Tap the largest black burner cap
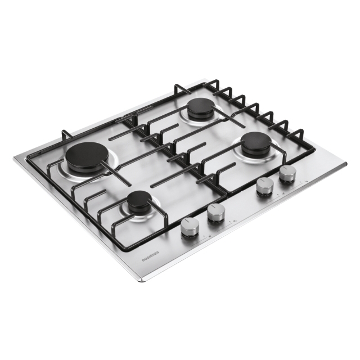pos(84,158)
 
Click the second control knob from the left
pos(216,213)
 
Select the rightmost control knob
pos(287,173)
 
